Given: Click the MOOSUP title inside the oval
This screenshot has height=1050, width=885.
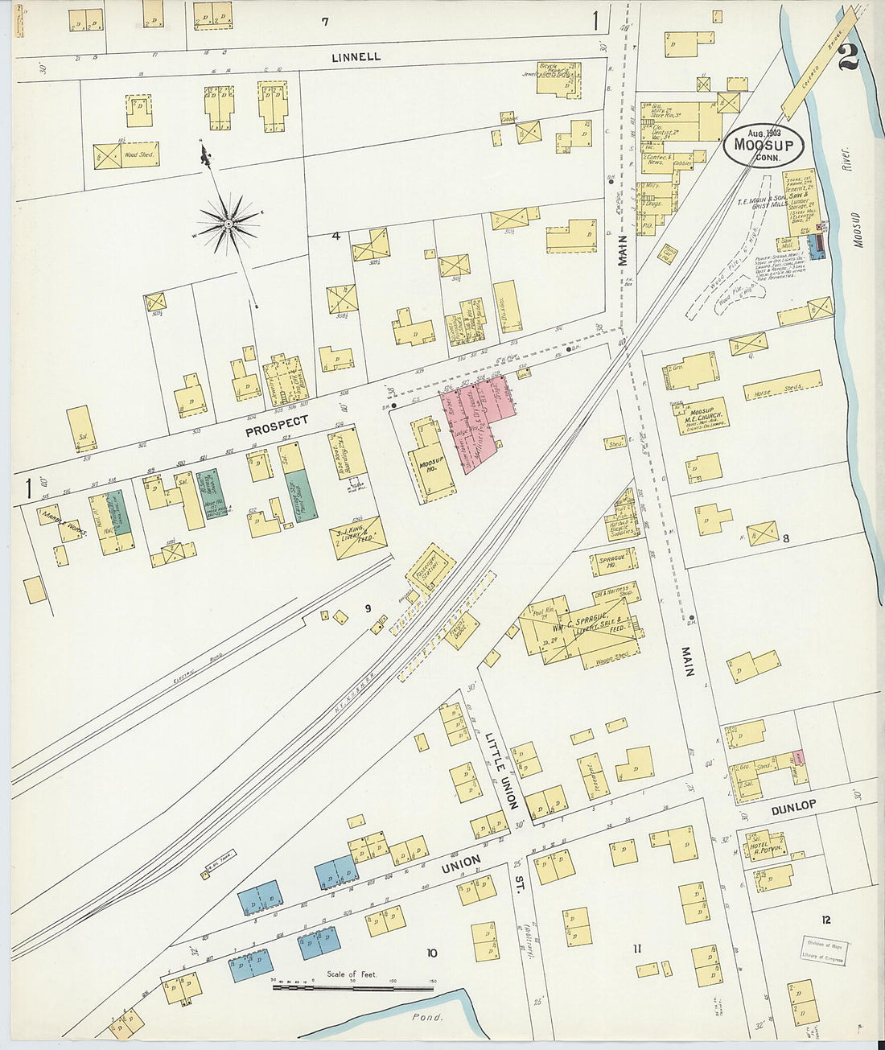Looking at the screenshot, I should [764, 146].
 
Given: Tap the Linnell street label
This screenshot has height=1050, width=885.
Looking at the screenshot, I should [356, 57].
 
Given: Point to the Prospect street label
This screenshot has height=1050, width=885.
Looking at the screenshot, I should [277, 426].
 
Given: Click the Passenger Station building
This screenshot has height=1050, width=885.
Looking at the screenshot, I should [430, 570].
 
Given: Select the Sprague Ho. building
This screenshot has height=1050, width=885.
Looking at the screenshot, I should [617, 561].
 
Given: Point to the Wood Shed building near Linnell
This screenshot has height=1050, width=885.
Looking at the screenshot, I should [126, 155].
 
